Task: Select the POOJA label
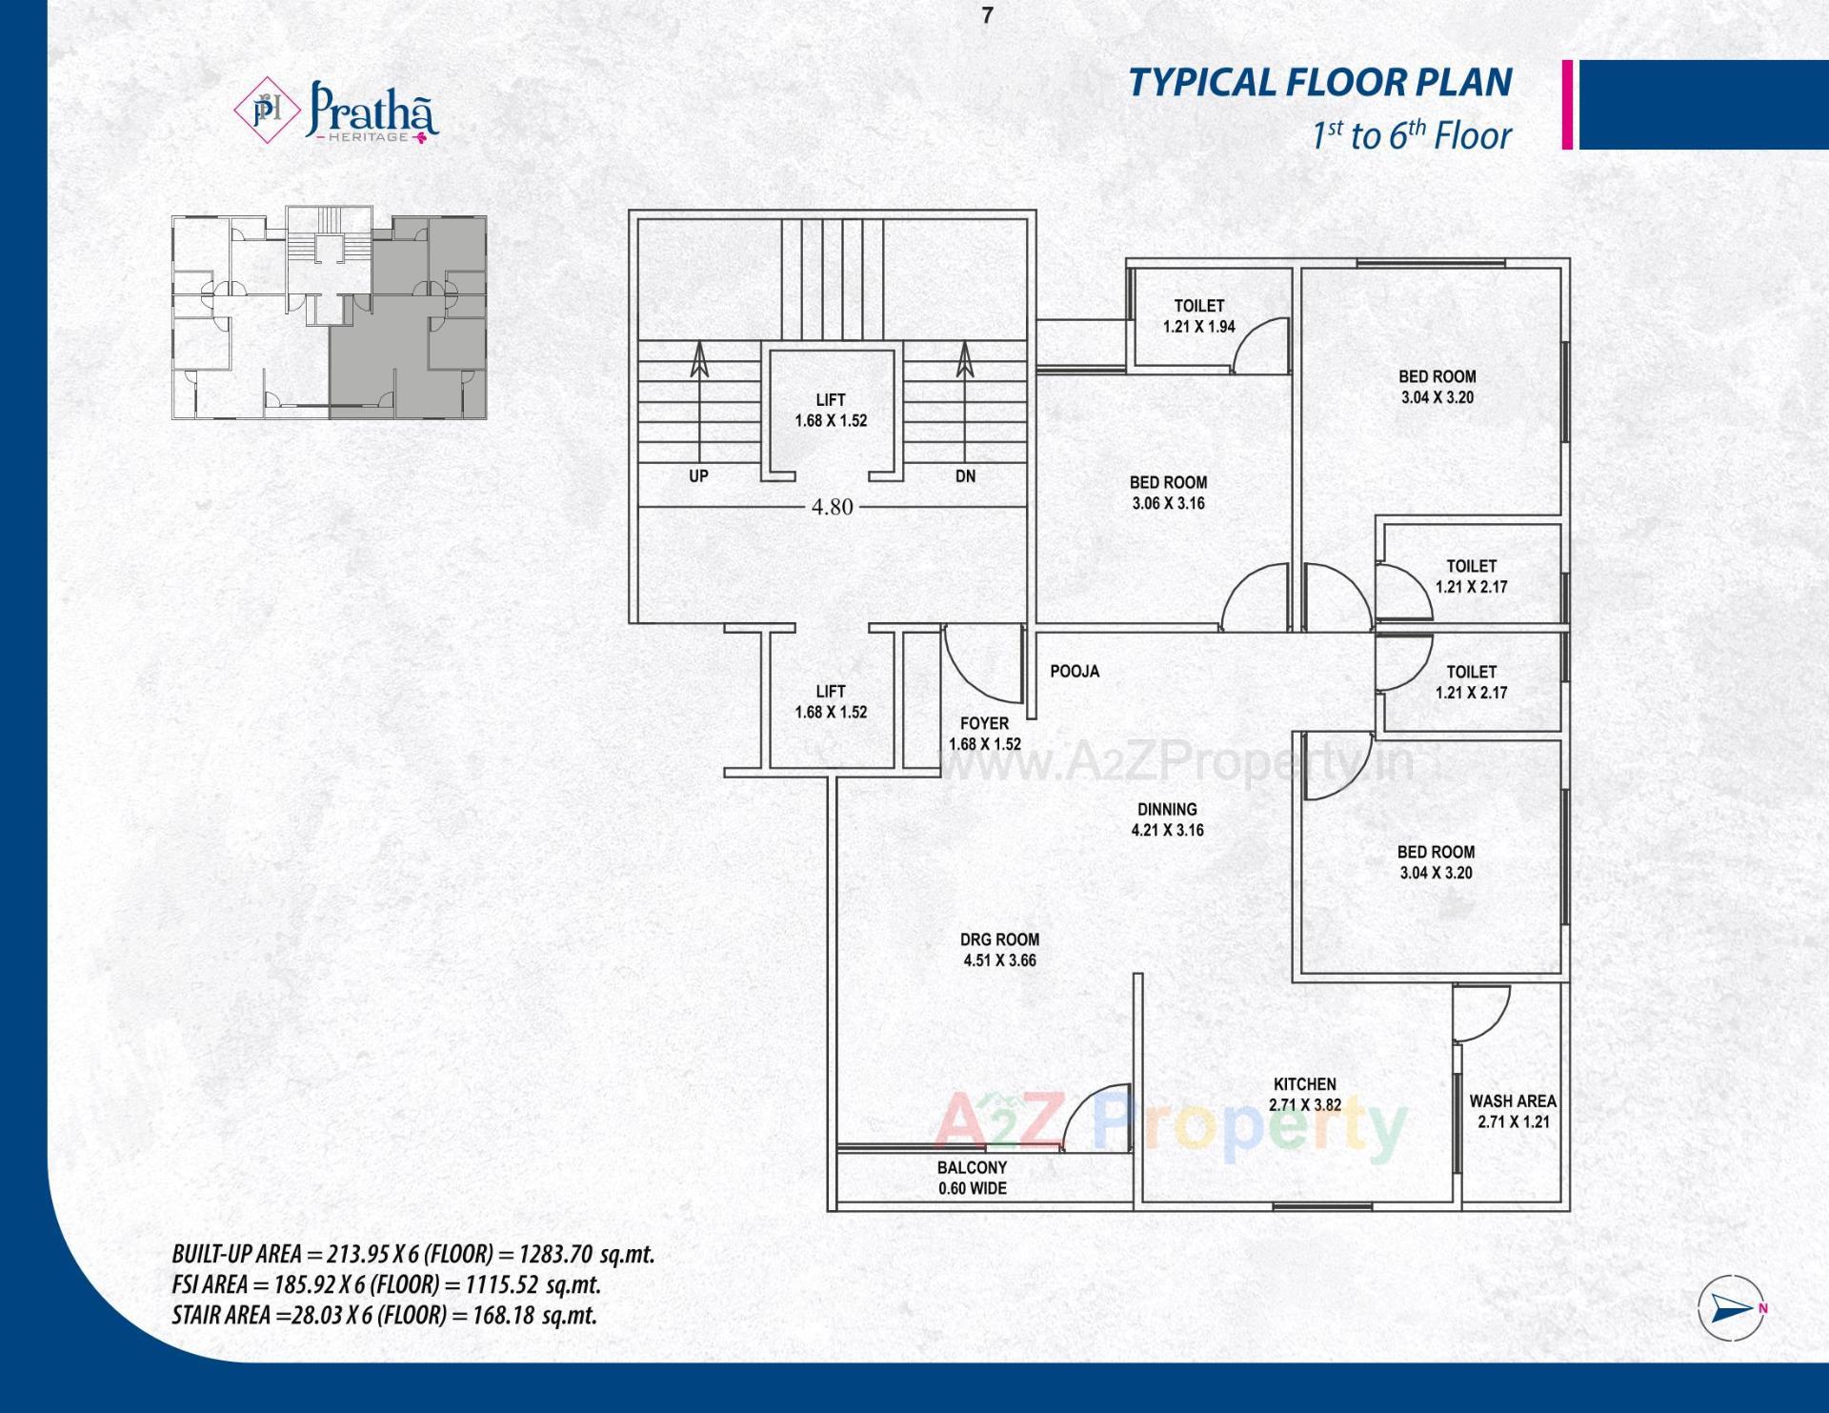[x=1075, y=672]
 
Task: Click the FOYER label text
[x=984, y=724]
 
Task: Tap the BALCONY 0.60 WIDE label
[x=972, y=1178]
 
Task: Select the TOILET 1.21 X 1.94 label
[x=1198, y=315]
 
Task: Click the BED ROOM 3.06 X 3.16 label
[x=1168, y=493]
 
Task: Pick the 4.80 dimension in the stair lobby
[x=832, y=507]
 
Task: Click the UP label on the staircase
[x=698, y=475]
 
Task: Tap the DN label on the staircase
[x=965, y=475]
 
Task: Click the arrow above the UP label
[x=699, y=360]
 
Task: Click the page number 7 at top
[x=987, y=16]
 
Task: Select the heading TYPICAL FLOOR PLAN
[x=1319, y=83]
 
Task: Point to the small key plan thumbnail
[x=329, y=316]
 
